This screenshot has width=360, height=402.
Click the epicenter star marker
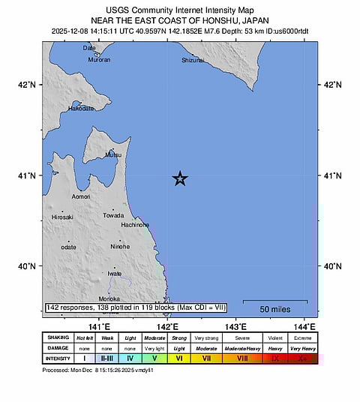180,178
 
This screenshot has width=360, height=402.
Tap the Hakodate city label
81,108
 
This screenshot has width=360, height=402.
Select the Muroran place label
99,59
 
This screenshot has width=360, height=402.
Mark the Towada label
113,215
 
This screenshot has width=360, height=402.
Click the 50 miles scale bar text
275,309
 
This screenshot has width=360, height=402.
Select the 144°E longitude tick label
304,326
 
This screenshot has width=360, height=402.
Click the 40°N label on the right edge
331,266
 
